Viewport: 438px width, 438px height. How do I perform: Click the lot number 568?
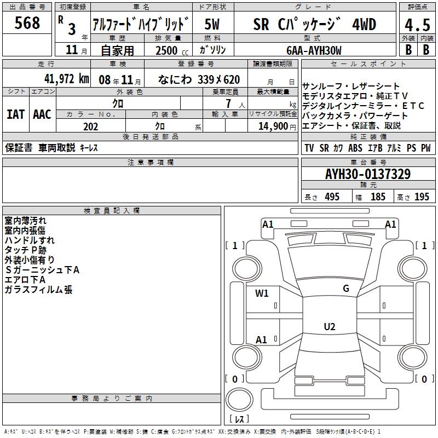[x=27, y=23]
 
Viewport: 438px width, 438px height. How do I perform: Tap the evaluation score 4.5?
[x=417, y=25]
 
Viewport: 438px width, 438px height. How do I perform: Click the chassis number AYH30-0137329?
[x=368, y=175]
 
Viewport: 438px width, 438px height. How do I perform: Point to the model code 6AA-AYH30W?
[x=314, y=50]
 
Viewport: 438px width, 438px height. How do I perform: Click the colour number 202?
[x=91, y=126]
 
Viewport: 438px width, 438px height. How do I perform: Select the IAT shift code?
[x=15, y=114]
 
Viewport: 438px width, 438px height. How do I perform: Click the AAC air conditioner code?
[x=42, y=114]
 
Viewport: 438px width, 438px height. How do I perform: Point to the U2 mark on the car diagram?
[x=329, y=327]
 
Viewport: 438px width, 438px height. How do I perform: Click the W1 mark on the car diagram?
[x=262, y=293]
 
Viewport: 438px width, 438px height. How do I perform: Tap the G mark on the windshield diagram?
[x=346, y=289]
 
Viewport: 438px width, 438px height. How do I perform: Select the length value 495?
[x=332, y=197]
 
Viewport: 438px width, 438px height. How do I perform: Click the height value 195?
[x=422, y=197]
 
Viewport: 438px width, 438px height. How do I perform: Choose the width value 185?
[x=378, y=197]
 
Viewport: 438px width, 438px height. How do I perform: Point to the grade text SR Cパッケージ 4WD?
[x=315, y=25]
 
